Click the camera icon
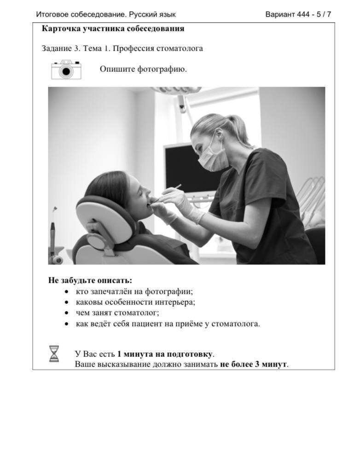[66, 70]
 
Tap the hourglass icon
[54, 354]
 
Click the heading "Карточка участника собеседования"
[113, 29]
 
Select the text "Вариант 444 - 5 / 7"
[298, 14]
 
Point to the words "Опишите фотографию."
[143, 70]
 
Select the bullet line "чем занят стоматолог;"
[117, 313]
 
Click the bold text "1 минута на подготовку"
[165, 354]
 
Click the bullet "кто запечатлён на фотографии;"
[134, 291]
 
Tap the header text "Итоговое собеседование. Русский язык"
[106, 14]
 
